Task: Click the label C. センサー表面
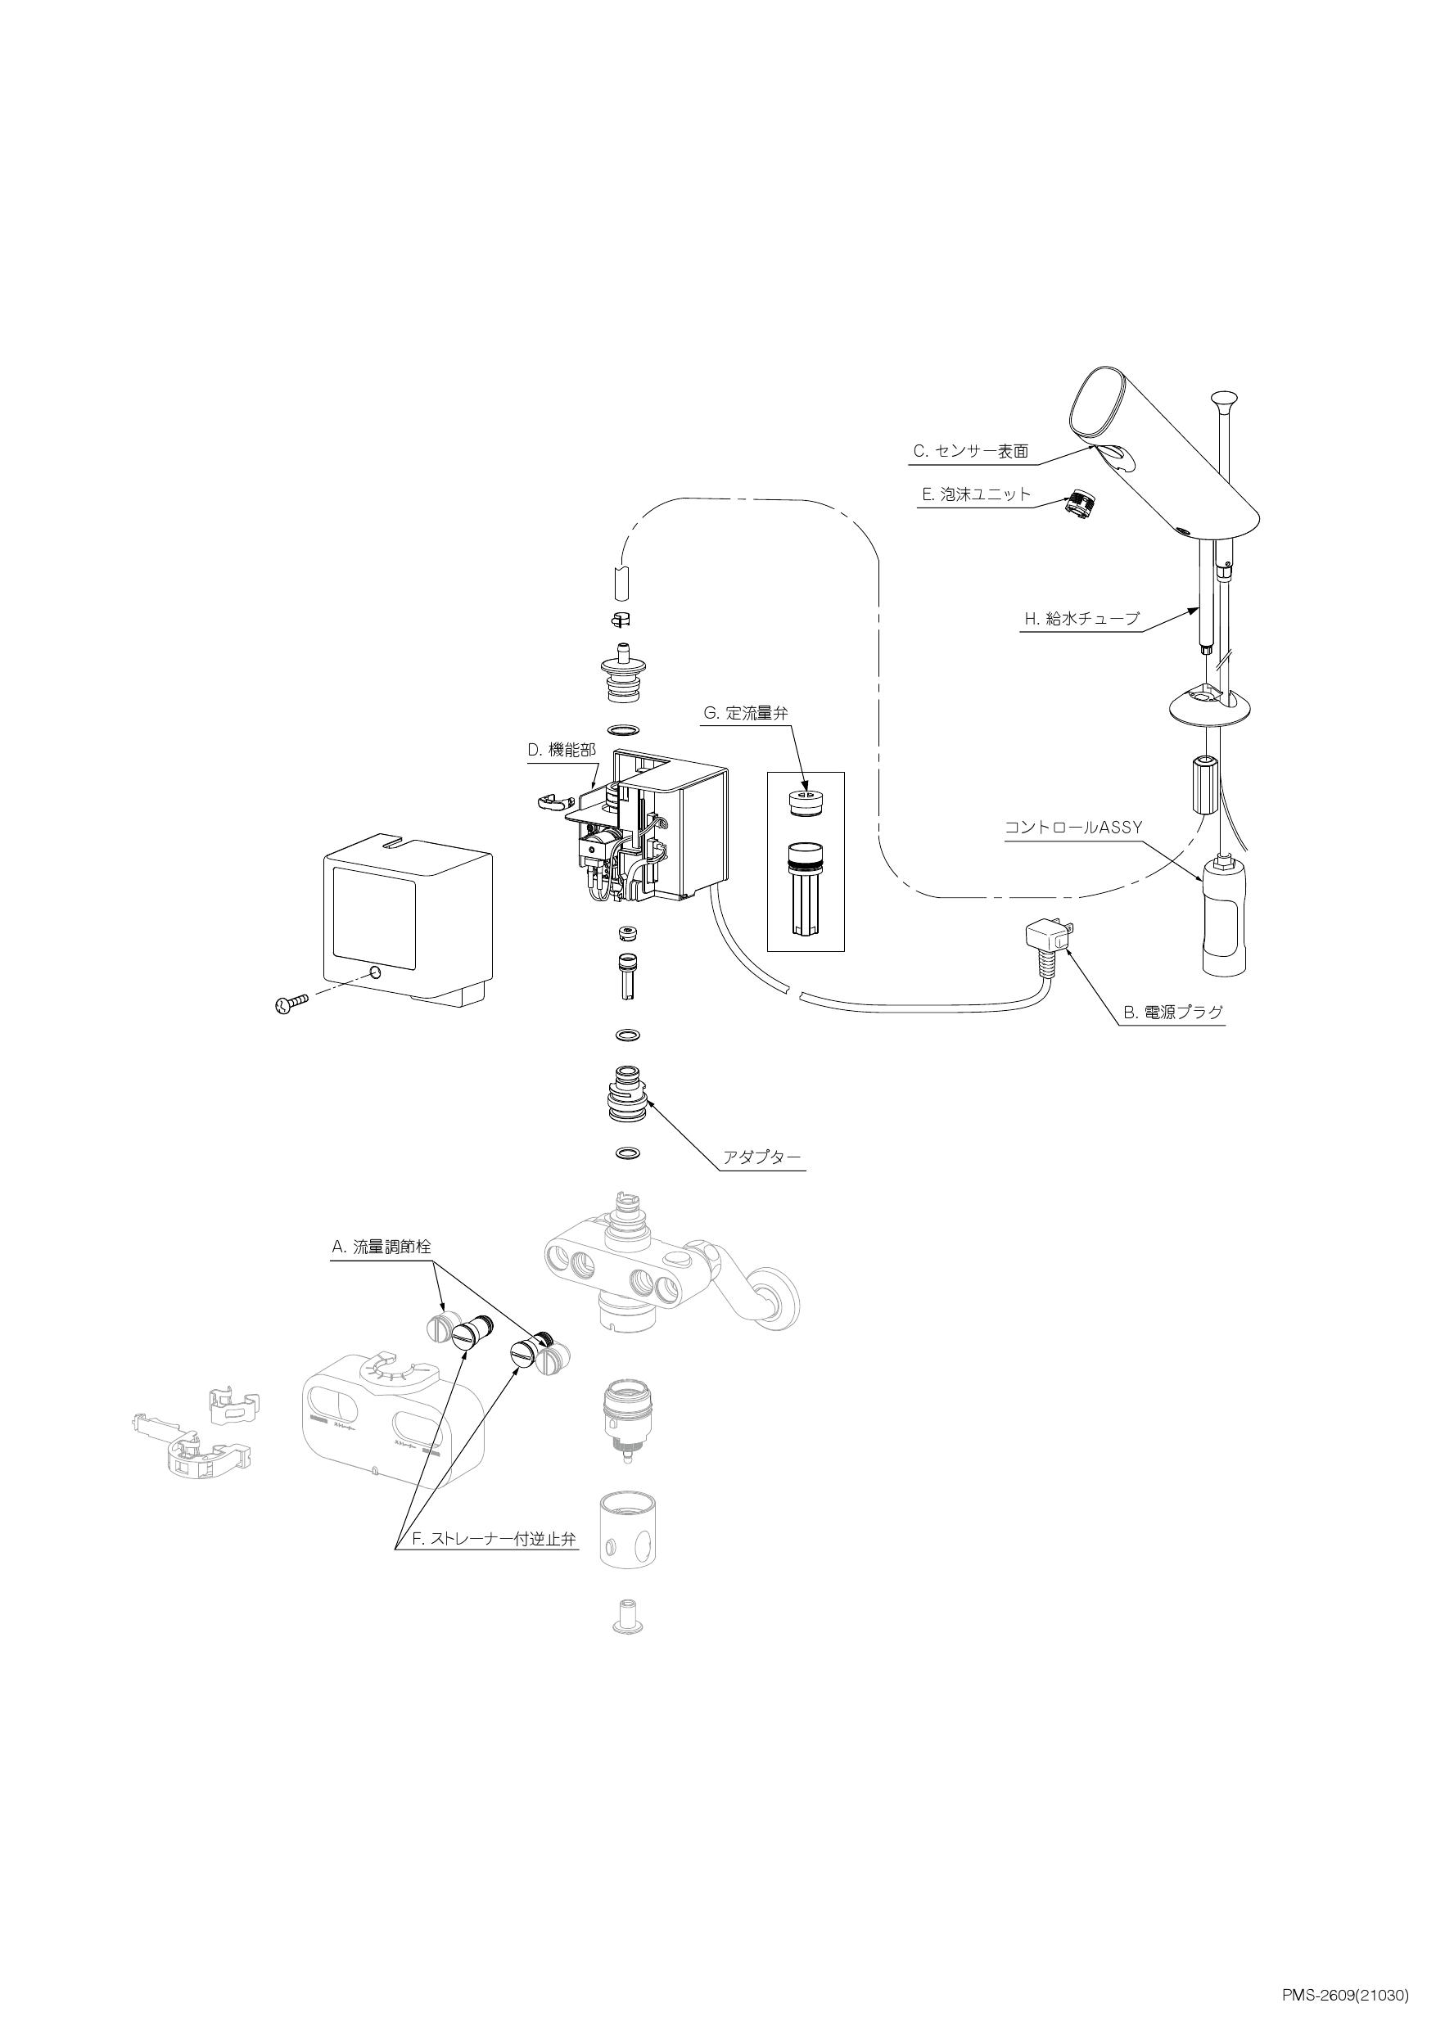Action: click(971, 452)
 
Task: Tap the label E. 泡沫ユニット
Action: click(976, 495)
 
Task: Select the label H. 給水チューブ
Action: click(1082, 619)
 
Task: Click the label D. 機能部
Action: click(562, 751)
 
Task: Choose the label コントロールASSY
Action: click(1073, 828)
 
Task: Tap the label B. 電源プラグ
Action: click(1172, 1013)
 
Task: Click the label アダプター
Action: click(762, 1157)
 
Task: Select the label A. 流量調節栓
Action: click(382, 1247)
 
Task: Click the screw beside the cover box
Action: click(290, 1004)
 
